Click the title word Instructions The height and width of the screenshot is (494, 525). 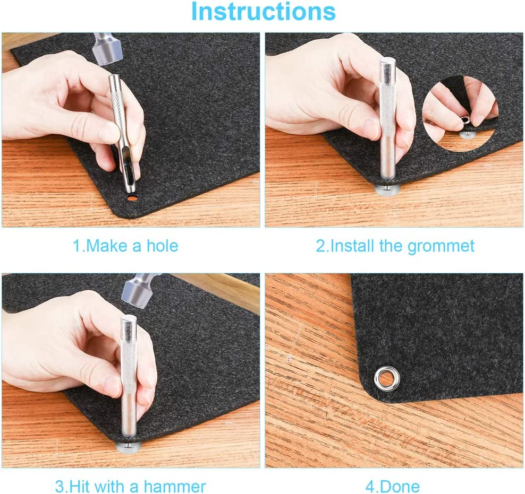coord(263,12)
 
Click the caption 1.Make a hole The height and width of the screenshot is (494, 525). coord(125,246)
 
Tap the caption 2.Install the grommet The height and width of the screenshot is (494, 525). coord(395,246)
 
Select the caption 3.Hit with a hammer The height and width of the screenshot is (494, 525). coord(130,486)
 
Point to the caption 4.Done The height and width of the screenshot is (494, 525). coord(393,486)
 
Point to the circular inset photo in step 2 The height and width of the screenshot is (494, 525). coord(460,109)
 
